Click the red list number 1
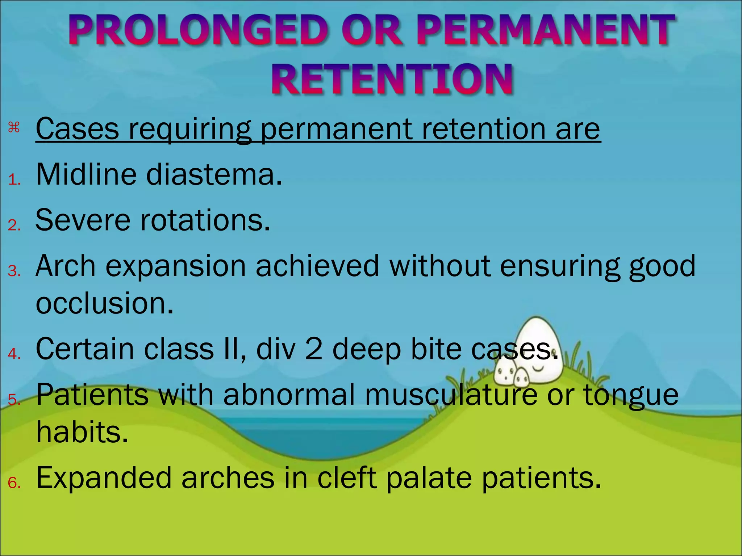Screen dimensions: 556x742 click(x=14, y=180)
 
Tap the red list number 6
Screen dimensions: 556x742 click(x=14, y=483)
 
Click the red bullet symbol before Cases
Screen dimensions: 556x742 click(x=14, y=127)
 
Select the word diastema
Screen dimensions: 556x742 click(x=214, y=174)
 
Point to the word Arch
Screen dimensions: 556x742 click(x=66, y=266)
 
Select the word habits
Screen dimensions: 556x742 click(x=82, y=432)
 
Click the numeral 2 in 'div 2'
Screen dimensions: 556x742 click(x=314, y=349)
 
